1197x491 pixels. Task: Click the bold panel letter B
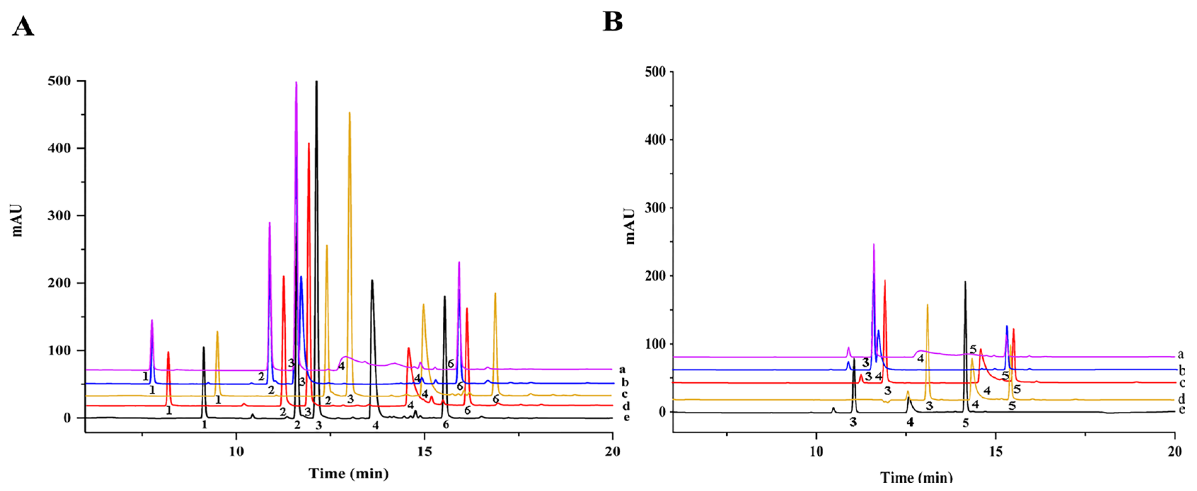click(x=612, y=21)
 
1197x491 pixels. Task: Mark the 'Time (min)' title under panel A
click(x=349, y=474)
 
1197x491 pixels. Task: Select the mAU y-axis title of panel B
click(x=630, y=226)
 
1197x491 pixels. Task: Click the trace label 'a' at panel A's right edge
click(x=623, y=370)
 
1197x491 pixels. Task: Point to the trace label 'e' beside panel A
click(x=626, y=417)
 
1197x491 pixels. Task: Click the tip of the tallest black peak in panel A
click(x=316, y=82)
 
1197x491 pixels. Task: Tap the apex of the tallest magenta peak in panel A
click(x=296, y=82)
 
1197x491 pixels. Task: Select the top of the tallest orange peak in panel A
click(x=349, y=112)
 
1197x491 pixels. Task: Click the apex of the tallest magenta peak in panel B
click(x=873, y=244)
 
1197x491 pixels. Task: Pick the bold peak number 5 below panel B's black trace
click(x=966, y=423)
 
